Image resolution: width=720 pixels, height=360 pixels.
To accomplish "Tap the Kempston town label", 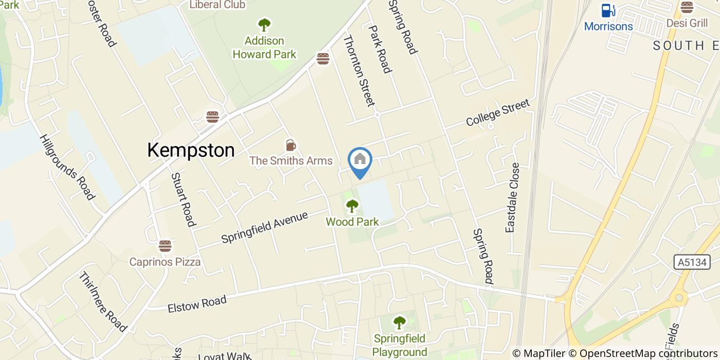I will [191, 150].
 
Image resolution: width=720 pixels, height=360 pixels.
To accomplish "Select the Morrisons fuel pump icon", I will [608, 10].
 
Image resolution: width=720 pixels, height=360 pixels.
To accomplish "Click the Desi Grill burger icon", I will [687, 7].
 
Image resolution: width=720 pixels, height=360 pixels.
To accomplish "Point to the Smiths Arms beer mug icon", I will [291, 146].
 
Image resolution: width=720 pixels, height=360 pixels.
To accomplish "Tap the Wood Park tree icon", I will [352, 206].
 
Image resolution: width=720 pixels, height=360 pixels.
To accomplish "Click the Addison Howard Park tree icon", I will [264, 24].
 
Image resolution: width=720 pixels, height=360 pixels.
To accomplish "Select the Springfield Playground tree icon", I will [399, 322].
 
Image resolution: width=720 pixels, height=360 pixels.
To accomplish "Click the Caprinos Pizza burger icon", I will [165, 246].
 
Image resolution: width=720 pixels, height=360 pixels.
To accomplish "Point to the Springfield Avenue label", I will [264, 227].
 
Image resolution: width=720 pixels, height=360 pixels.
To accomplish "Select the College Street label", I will [497, 113].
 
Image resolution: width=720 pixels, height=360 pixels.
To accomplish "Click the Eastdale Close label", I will [512, 197].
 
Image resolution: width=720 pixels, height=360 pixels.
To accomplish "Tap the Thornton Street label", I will [359, 70].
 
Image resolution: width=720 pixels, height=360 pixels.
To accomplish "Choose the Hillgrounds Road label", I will [67, 167].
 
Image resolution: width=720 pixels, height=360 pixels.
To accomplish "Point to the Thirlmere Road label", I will [102, 301].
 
